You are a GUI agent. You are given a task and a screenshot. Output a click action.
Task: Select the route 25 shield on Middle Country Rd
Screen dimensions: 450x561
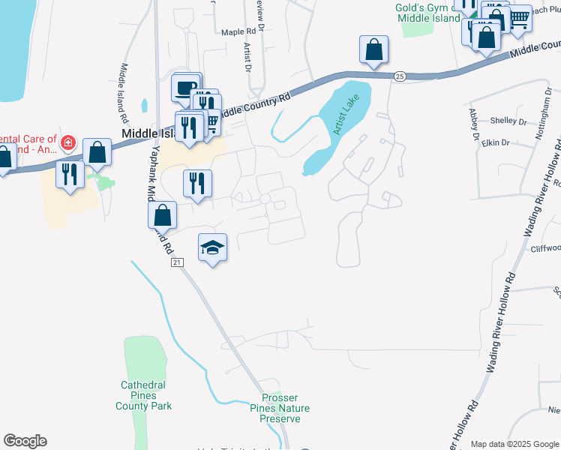[400, 76]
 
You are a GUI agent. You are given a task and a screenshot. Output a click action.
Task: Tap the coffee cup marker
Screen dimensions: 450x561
[185, 87]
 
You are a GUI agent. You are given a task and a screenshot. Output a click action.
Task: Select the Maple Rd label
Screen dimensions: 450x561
[238, 32]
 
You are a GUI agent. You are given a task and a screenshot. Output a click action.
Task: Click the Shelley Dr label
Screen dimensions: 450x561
[509, 121]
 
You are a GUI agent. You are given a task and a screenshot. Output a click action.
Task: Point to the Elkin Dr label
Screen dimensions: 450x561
[496, 142]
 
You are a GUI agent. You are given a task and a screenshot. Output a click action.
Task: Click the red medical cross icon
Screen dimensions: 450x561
[68, 142]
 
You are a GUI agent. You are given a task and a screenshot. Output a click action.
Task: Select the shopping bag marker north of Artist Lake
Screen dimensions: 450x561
[373, 50]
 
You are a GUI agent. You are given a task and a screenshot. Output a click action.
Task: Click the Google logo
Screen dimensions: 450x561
[25, 441]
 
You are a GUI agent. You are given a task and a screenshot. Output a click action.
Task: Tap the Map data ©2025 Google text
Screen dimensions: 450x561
[514, 444]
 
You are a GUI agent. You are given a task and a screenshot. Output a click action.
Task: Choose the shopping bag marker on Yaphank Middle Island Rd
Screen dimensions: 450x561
[162, 215]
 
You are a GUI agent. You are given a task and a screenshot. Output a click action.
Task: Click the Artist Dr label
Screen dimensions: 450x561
[246, 57]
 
